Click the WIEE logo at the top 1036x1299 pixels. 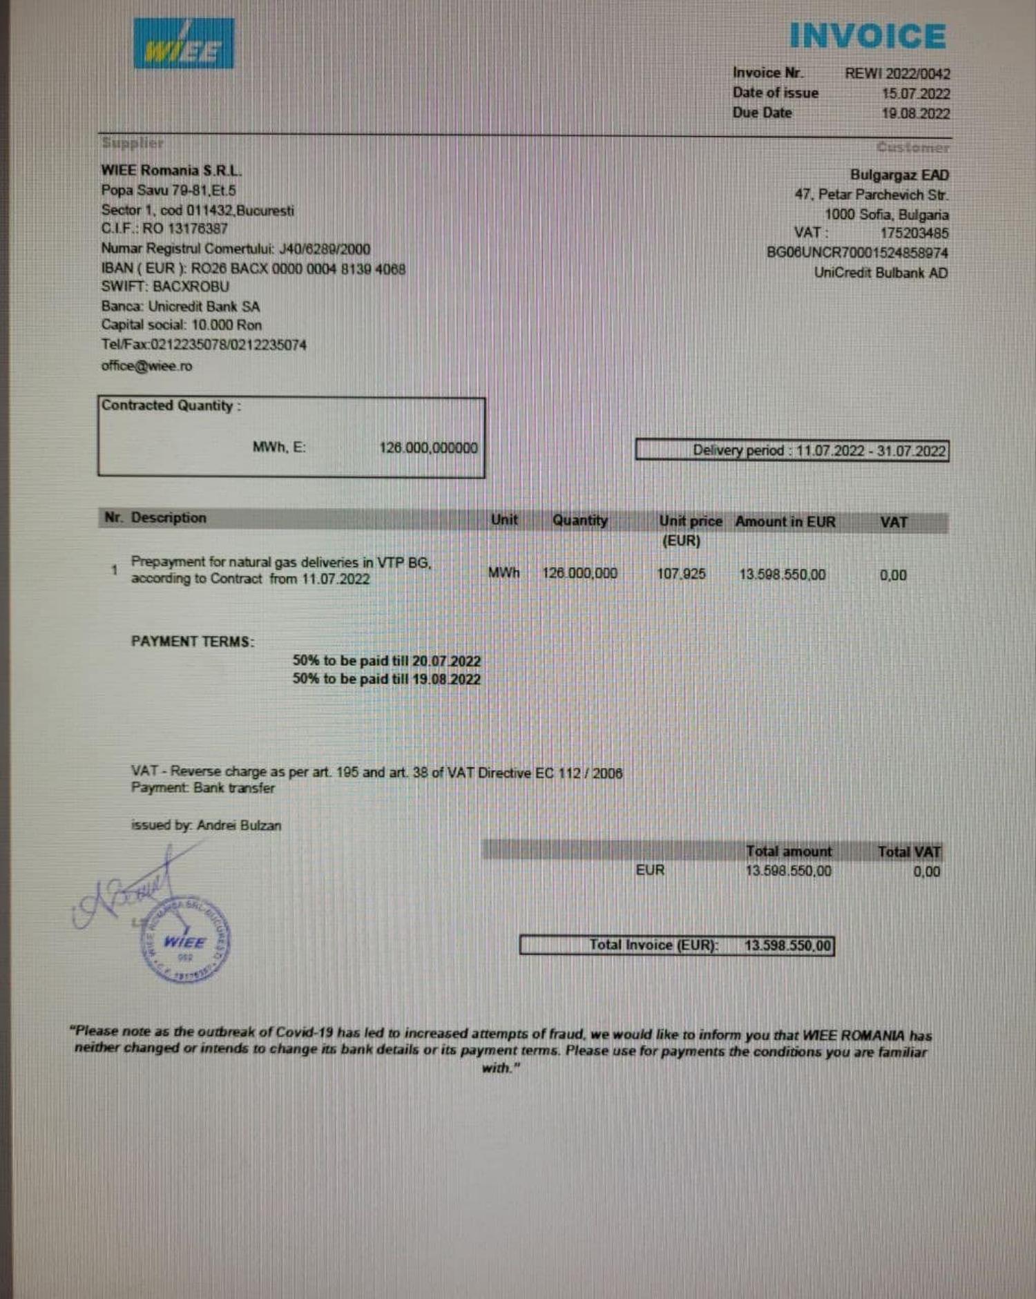(184, 44)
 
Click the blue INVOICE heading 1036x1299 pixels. (867, 37)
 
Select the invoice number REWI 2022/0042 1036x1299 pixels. (897, 74)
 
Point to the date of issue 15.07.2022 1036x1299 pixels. (916, 94)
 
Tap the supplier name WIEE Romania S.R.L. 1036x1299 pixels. (171, 171)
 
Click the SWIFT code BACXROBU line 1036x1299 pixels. (165, 287)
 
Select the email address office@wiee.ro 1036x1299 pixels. (146, 366)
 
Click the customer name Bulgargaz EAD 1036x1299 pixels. (899, 175)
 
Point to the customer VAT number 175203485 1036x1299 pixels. (914, 233)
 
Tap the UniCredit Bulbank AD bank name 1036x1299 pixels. (881, 273)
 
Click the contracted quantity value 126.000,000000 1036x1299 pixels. (428, 448)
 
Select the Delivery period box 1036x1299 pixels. (792, 451)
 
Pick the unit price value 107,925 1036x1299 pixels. (681, 574)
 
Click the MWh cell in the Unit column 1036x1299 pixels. (503, 573)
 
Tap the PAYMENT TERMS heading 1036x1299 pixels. (193, 642)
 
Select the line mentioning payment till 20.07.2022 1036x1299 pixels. (386, 661)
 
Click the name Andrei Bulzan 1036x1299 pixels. (239, 826)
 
